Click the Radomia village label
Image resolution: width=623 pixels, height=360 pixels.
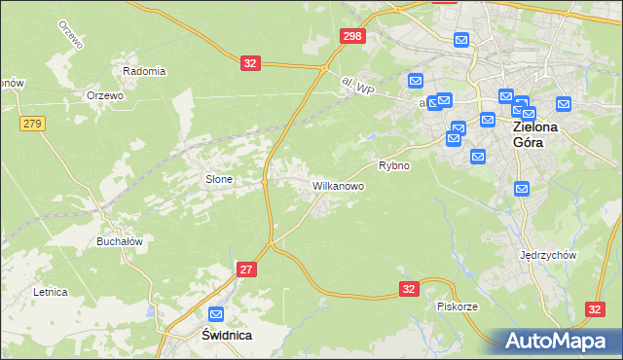click(144, 71)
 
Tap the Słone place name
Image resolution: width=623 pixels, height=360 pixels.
click(216, 179)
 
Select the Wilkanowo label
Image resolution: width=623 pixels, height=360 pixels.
click(338, 184)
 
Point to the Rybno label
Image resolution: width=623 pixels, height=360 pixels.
click(394, 165)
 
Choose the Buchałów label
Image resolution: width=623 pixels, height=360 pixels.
click(120, 241)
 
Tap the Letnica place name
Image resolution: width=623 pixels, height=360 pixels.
click(50, 291)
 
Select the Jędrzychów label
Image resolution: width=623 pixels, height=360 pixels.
click(550, 255)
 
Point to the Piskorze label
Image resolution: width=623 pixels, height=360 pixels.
click(457, 306)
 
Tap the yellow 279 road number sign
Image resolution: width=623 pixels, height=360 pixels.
click(32, 123)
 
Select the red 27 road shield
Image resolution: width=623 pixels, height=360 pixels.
click(246, 269)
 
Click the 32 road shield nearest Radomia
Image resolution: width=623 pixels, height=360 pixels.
click(251, 63)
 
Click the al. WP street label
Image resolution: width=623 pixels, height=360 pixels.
click(358, 88)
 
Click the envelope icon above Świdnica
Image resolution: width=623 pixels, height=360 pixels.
click(216, 314)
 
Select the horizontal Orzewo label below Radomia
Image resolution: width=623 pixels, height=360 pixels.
click(104, 95)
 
